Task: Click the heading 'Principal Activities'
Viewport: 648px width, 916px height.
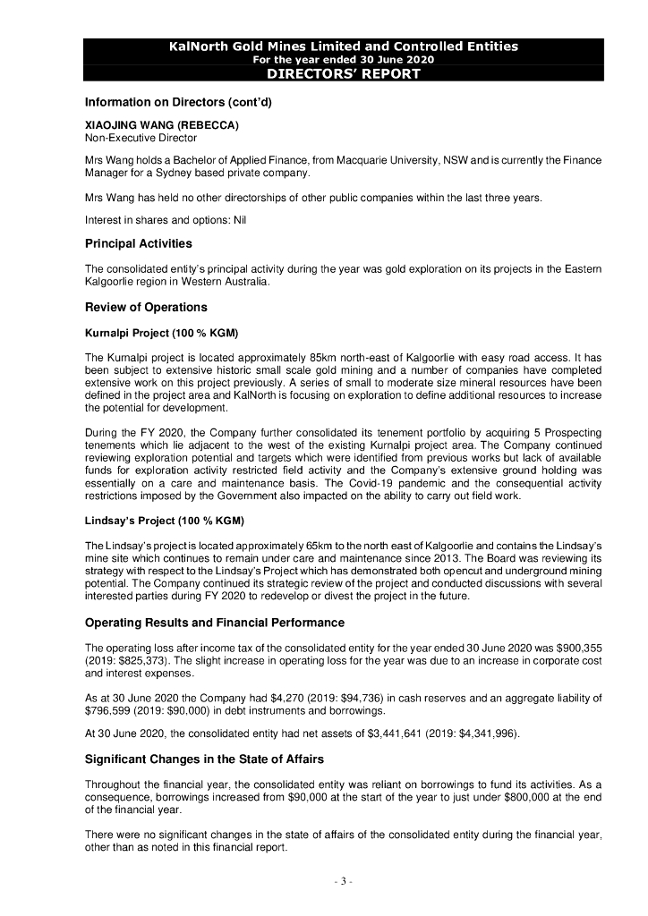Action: tap(138, 243)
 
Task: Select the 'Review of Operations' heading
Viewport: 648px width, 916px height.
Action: tap(146, 308)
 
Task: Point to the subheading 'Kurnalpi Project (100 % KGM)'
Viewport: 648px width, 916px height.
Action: tap(161, 333)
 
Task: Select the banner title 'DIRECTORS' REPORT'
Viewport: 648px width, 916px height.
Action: tap(344, 73)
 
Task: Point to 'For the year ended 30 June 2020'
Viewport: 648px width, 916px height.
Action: tap(344, 59)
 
